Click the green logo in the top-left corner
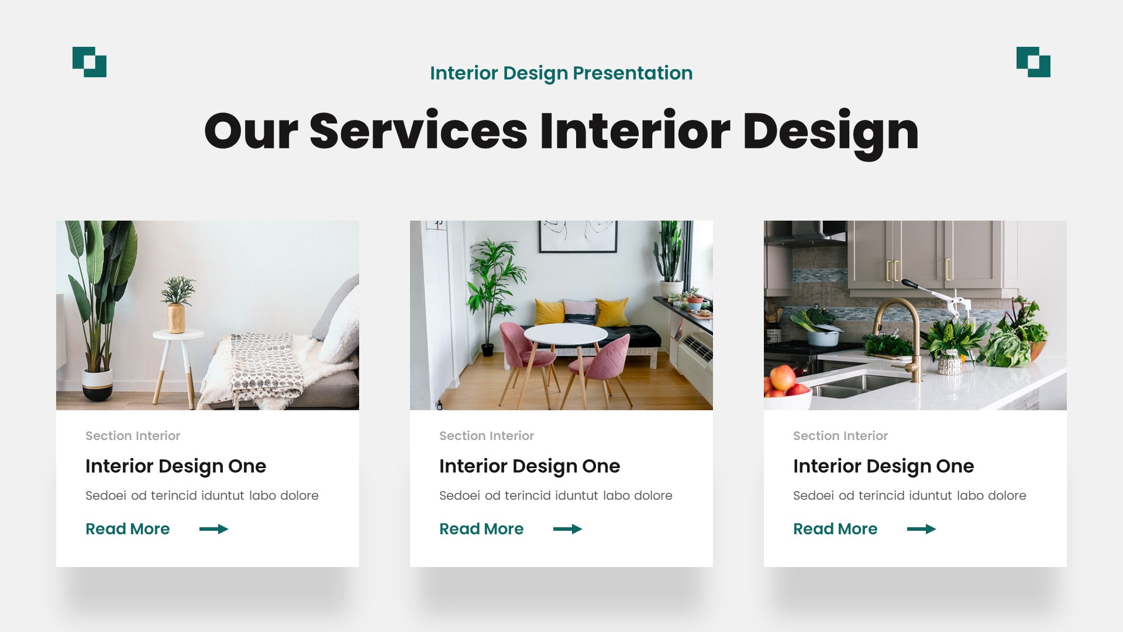[89, 62]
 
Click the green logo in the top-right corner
[1033, 62]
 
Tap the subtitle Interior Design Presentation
[561, 73]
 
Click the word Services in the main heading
[418, 131]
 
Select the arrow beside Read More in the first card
[213, 529]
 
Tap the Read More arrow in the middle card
[567, 529]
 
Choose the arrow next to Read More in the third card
[921, 529]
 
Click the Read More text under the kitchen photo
[835, 529]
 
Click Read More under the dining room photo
[481, 529]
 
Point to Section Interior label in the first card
[133, 436]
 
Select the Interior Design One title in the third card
[883, 466]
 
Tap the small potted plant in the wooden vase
[177, 304]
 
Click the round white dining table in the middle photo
[565, 334]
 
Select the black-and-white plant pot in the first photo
[97, 384]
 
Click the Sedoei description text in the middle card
[556, 496]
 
